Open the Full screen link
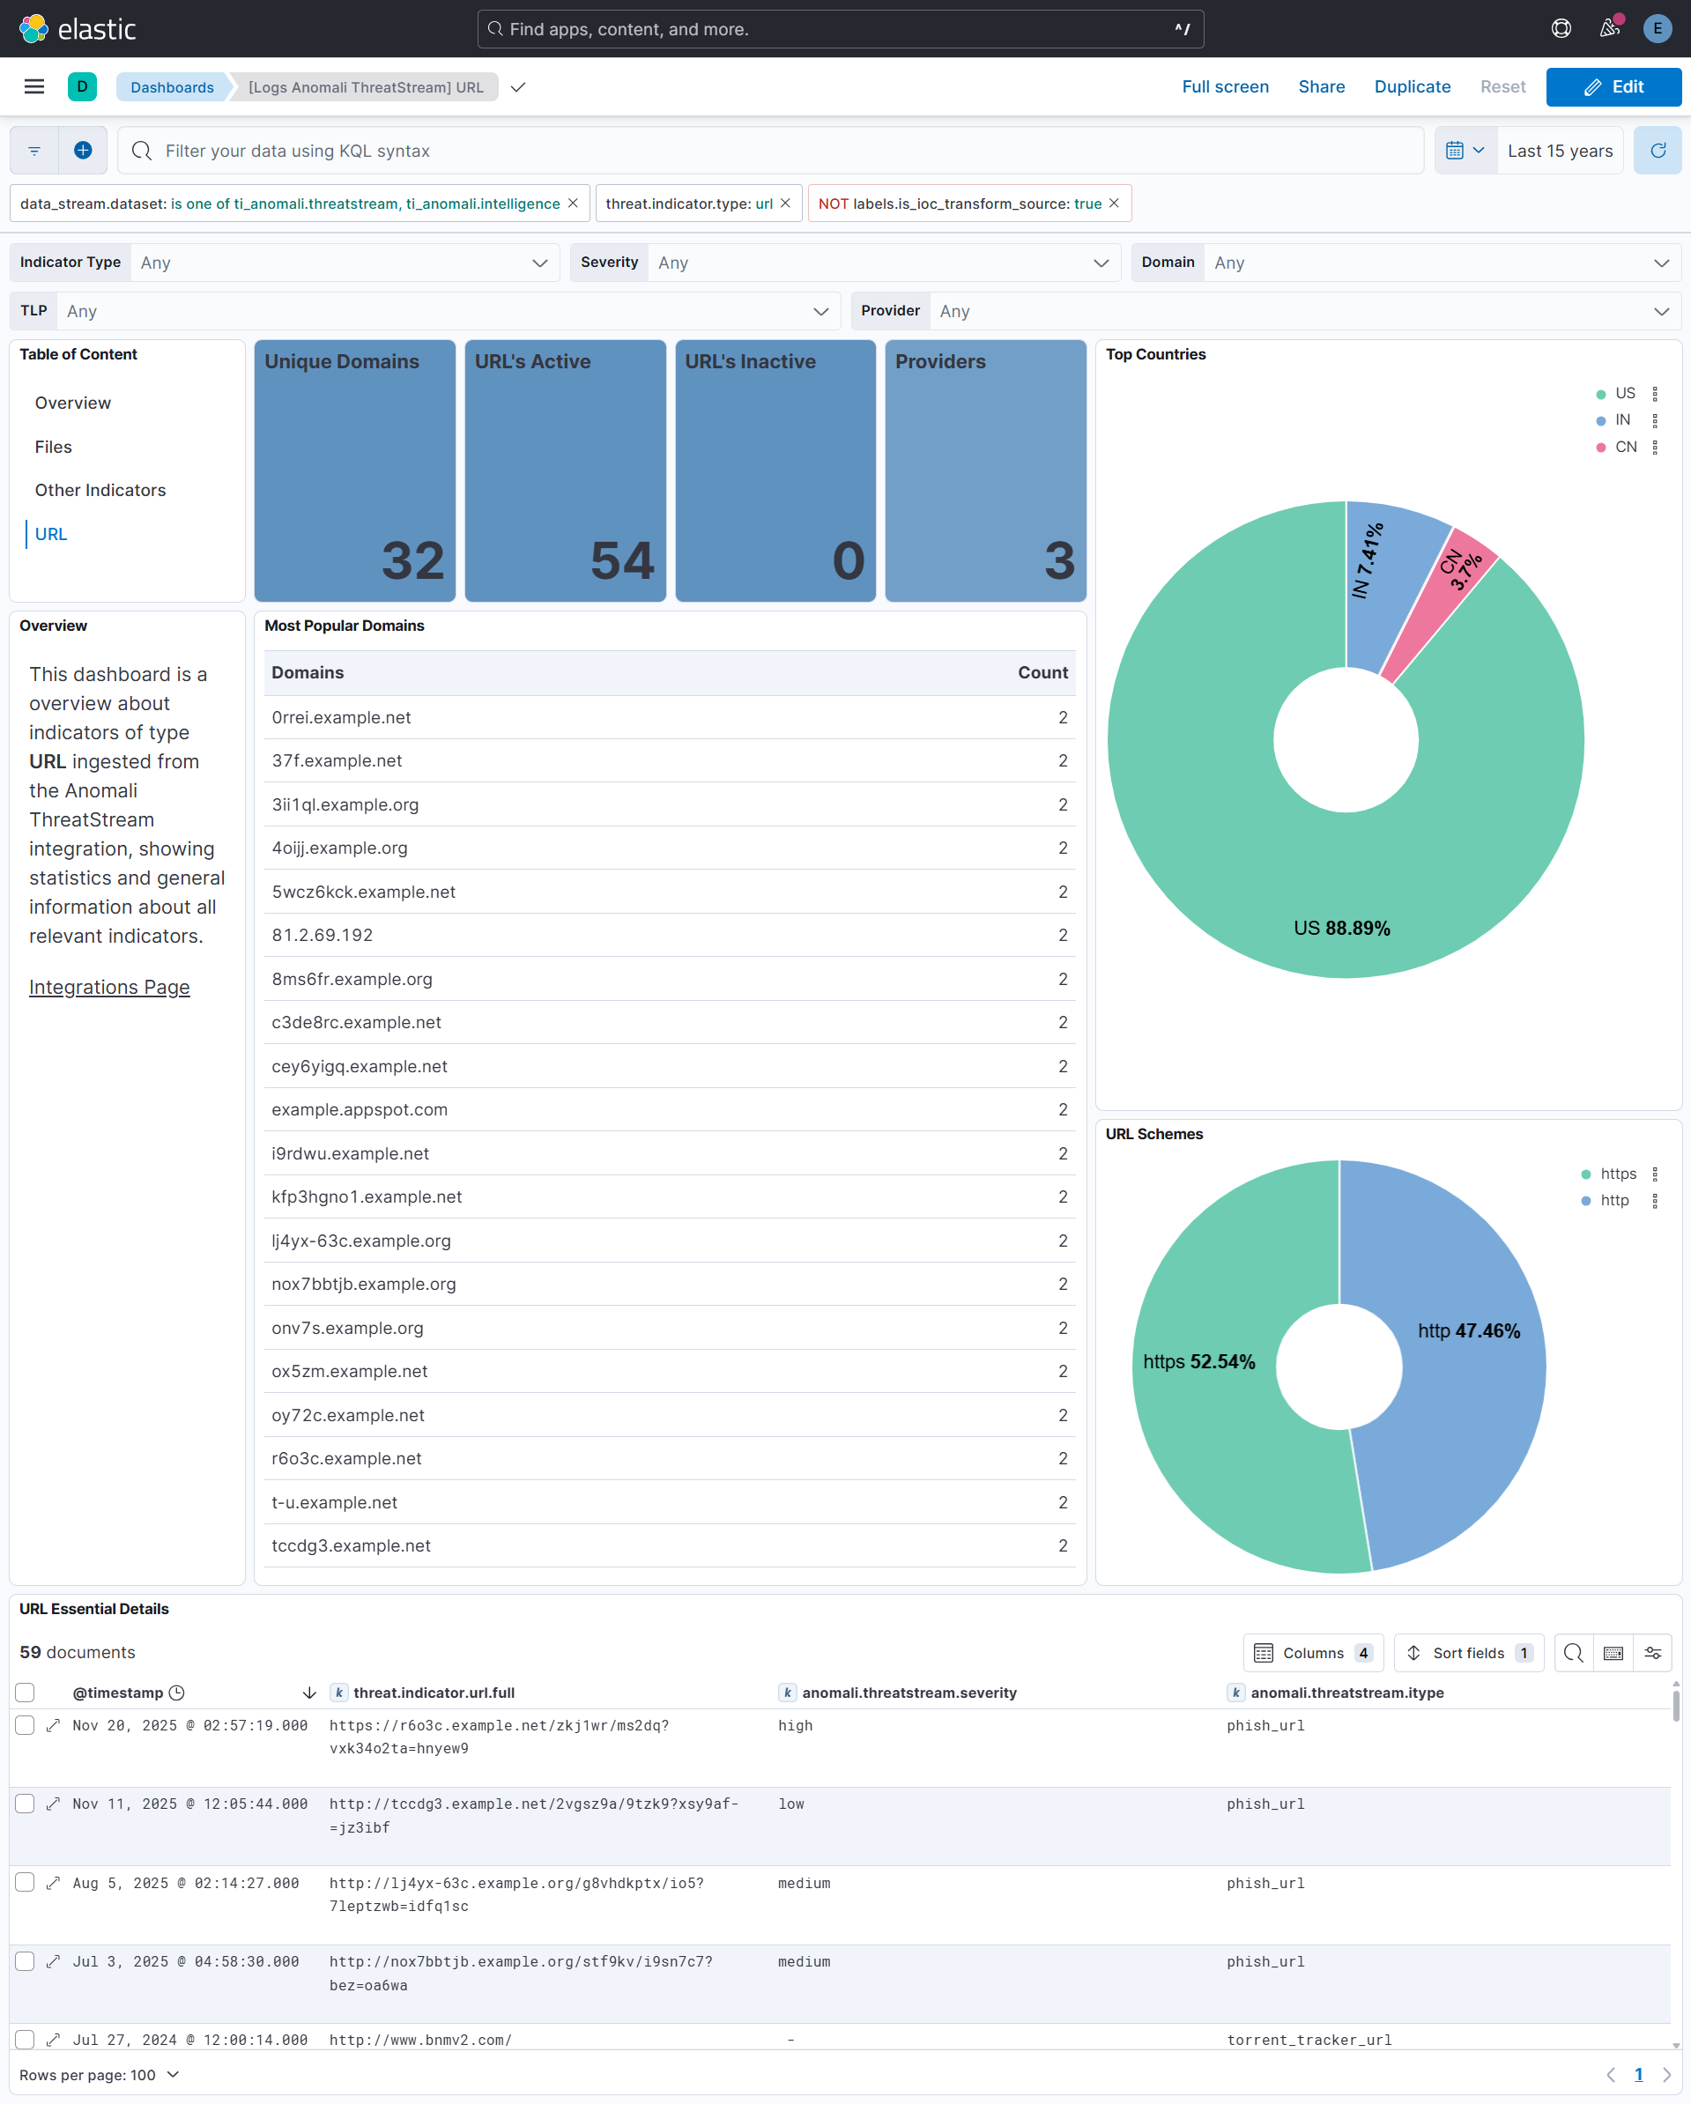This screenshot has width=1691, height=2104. (x=1225, y=87)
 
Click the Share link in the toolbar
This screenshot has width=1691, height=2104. (x=1321, y=87)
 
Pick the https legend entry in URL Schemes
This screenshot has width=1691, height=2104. (x=1617, y=1174)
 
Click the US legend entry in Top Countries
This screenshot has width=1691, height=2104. (x=1624, y=393)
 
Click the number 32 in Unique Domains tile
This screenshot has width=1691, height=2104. (x=412, y=561)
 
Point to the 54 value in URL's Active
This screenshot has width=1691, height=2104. (x=621, y=561)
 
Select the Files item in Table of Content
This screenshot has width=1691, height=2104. (x=54, y=447)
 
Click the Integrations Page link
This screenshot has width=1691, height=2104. (x=109, y=987)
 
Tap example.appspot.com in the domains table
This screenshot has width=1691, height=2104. (x=359, y=1109)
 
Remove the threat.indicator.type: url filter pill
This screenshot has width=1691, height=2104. (x=785, y=203)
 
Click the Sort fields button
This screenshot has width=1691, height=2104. (x=1467, y=1652)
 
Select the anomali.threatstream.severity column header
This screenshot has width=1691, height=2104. (x=909, y=1693)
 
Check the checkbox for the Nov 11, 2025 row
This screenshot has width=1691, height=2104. (x=26, y=1804)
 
